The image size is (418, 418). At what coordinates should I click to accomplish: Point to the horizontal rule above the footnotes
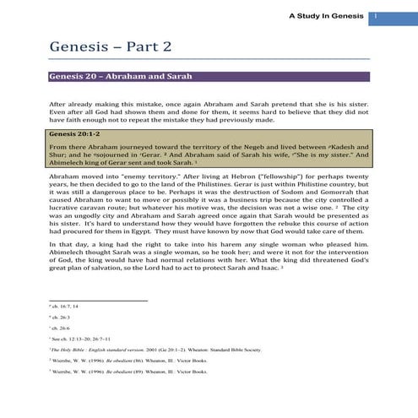pyautogui.click(x=97, y=299)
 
